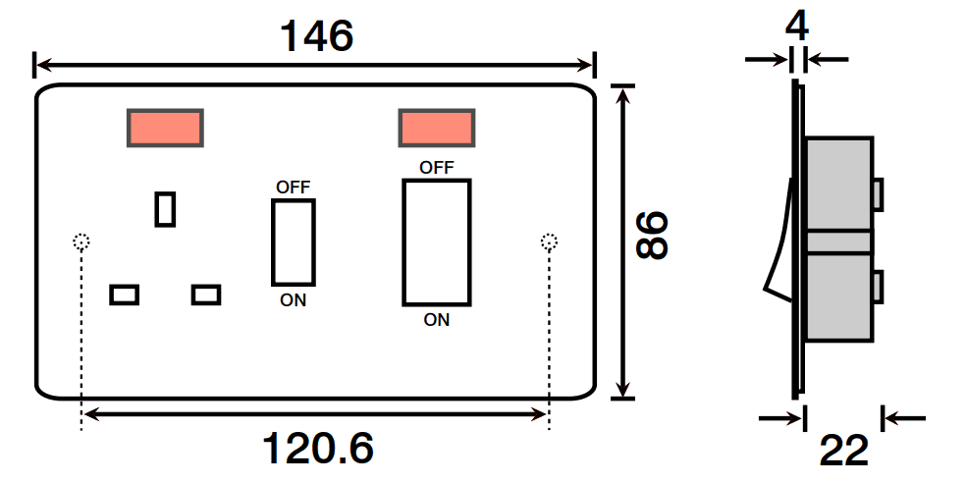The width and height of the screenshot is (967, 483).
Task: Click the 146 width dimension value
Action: [x=316, y=37]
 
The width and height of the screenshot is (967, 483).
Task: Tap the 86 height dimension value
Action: [x=651, y=237]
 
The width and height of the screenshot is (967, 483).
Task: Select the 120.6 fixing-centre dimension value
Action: [x=318, y=449]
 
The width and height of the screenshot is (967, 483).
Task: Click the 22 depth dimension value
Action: [x=844, y=452]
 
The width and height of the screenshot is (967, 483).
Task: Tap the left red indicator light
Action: [x=165, y=128]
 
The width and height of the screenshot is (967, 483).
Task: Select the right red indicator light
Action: [x=437, y=128]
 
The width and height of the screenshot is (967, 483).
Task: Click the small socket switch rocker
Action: [x=293, y=241]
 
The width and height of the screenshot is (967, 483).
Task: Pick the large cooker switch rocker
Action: [x=436, y=241]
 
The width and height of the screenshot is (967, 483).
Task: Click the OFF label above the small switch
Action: [x=293, y=187]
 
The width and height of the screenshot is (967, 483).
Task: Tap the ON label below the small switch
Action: [x=293, y=300]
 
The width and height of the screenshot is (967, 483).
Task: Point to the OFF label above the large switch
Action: [x=436, y=167]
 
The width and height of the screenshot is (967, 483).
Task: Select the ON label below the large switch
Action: [x=436, y=319]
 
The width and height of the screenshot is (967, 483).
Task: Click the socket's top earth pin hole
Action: [x=166, y=208]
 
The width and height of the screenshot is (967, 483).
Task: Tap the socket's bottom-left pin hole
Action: [x=125, y=294]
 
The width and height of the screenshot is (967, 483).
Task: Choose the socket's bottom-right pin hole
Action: [x=206, y=294]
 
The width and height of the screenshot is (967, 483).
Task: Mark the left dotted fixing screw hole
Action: [x=81, y=241]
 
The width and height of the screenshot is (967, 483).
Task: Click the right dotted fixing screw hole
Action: [x=549, y=241]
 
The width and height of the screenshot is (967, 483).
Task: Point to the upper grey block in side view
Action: [x=838, y=183]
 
